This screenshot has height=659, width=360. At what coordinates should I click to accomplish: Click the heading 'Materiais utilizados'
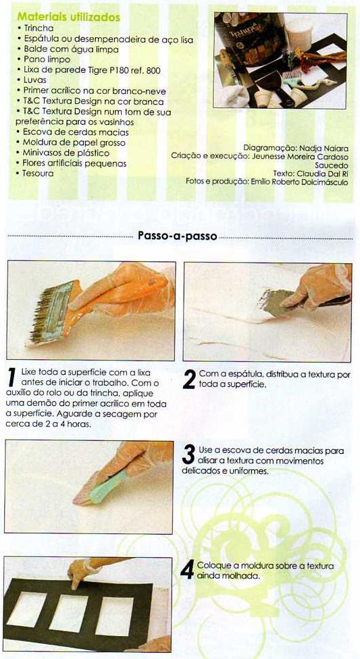point(68,18)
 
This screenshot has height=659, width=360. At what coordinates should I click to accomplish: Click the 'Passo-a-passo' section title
point(178,236)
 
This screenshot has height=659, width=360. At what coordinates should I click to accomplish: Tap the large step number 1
point(12,377)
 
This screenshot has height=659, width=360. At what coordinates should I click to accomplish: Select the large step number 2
point(189,379)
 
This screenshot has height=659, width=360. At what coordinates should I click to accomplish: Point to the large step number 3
point(189,455)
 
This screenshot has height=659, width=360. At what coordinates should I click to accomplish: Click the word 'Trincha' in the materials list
point(38,28)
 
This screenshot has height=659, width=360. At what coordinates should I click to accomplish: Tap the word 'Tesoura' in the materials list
point(38,173)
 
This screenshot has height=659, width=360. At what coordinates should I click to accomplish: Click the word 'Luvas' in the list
point(35,80)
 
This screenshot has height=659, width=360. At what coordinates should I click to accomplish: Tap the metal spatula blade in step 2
point(276,302)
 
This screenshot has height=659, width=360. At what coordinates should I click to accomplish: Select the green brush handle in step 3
point(109,487)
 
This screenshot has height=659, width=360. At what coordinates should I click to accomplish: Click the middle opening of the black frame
point(68,613)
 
